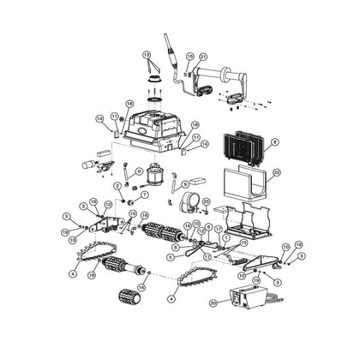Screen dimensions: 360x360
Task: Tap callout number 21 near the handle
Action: coord(204,57)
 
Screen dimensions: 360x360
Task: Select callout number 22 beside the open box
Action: coord(276,172)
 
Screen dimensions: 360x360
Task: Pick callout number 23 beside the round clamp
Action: coord(205,200)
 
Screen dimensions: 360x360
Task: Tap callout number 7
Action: coord(144,195)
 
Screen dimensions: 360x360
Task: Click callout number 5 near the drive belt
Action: coord(171,255)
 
